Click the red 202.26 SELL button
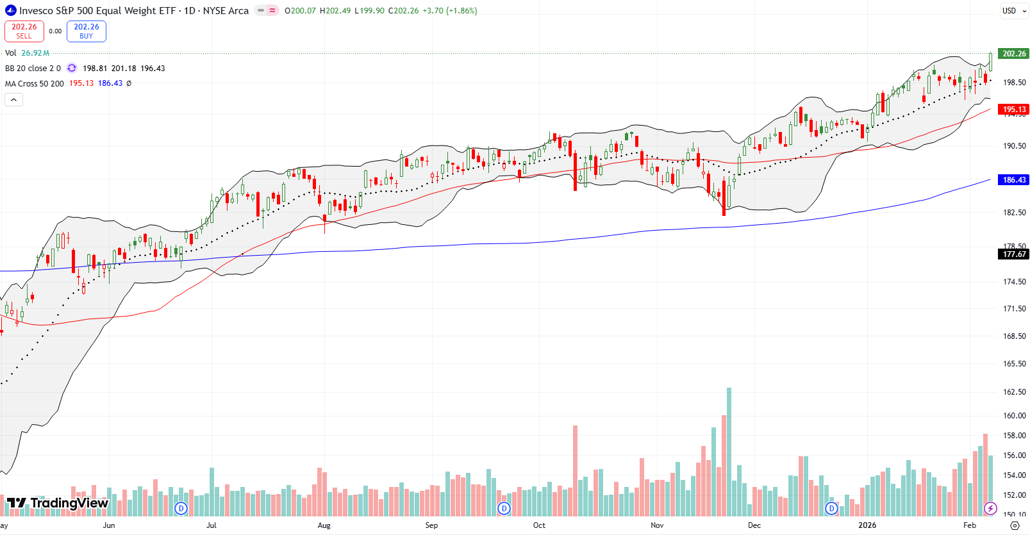24,31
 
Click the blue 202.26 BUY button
87,31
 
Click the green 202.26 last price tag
1014,54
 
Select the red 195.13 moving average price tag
1014,110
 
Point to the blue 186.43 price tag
1014,180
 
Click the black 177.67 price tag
1014,254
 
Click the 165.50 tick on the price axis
1014,364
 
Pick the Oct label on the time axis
539,525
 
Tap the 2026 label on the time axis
867,525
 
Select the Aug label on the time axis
324,525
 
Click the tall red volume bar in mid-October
575,471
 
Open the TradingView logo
58,503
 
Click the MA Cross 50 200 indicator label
35,83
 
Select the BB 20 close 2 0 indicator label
33,69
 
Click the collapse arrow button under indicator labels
14,99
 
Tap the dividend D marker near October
504,509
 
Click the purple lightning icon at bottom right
990,509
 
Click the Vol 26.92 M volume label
27,53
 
